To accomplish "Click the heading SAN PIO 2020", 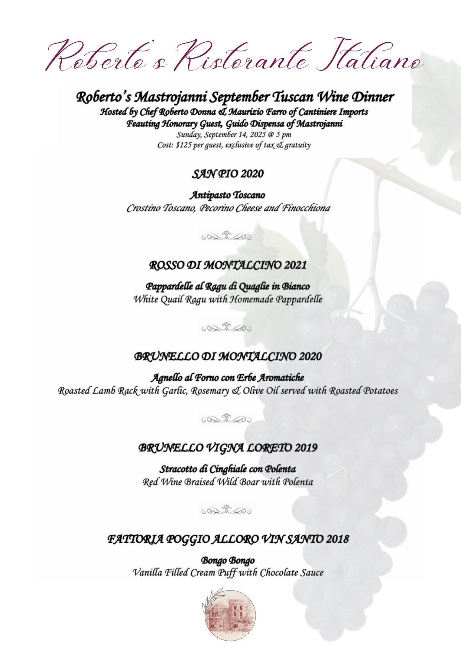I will (227, 174).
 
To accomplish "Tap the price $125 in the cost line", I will (184, 145).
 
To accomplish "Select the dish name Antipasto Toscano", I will (227, 195).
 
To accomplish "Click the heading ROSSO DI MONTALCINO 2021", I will (228, 265).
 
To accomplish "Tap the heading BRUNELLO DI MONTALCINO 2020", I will (228, 356).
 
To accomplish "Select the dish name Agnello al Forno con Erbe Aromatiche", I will (227, 378).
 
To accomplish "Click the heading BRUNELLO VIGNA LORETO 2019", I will (228, 448).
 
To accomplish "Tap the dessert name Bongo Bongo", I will (228, 560).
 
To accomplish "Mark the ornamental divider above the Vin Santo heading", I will (226, 510).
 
